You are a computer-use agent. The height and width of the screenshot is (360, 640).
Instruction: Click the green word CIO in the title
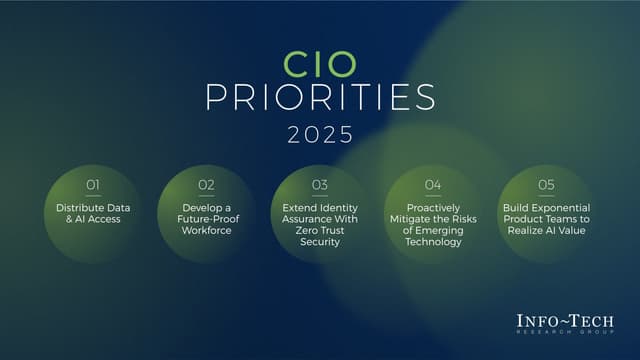pyautogui.click(x=320, y=65)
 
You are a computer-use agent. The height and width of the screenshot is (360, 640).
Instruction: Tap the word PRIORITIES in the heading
pyautogui.click(x=320, y=98)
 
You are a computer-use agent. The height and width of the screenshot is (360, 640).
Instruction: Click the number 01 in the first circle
pyautogui.click(x=93, y=185)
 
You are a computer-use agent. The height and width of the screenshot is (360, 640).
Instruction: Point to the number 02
pyautogui.click(x=206, y=185)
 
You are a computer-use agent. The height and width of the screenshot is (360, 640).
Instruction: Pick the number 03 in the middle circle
pyautogui.click(x=320, y=185)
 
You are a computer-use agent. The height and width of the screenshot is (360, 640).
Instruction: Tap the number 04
pyautogui.click(x=433, y=185)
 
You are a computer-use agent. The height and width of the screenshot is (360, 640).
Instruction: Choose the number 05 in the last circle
pyautogui.click(x=546, y=185)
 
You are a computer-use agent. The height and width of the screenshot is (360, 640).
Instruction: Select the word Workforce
pyautogui.click(x=206, y=231)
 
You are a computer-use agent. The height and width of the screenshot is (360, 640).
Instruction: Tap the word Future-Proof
pyautogui.click(x=206, y=219)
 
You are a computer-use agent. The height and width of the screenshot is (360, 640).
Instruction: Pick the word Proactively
pyautogui.click(x=433, y=207)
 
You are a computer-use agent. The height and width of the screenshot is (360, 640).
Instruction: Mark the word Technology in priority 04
pyautogui.click(x=433, y=242)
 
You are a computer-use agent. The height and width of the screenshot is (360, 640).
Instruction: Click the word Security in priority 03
pyautogui.click(x=320, y=242)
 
